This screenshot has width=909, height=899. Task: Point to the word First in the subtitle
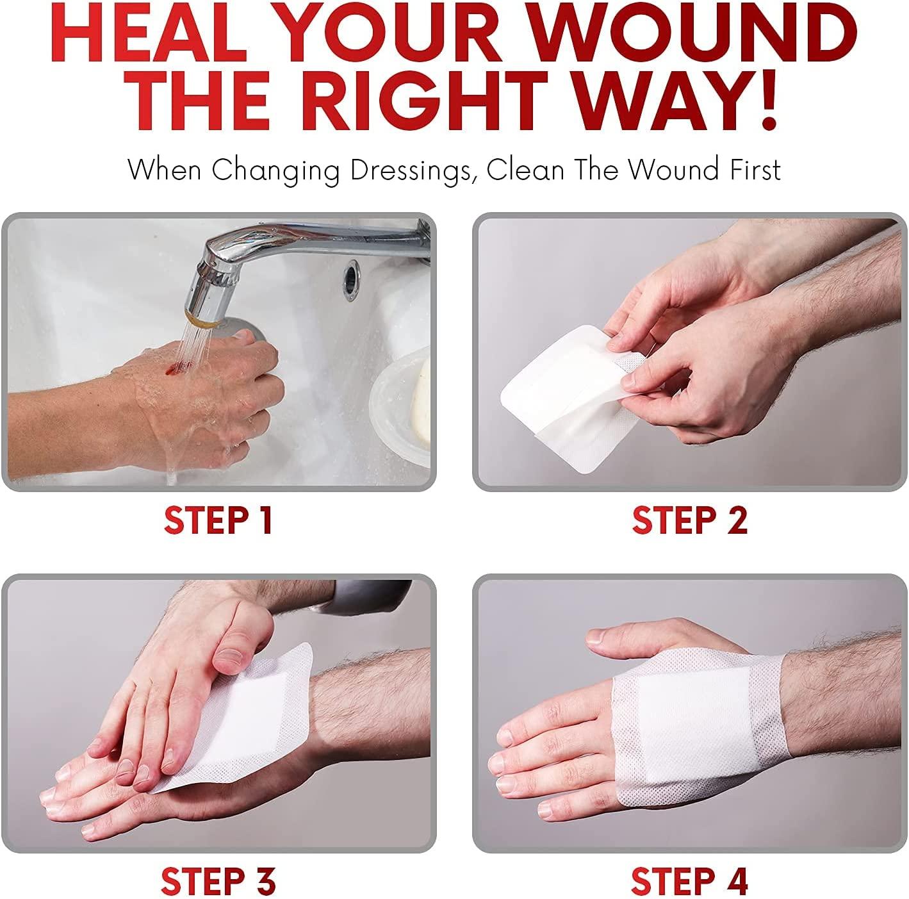749,170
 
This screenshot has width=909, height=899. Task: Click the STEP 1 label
218,520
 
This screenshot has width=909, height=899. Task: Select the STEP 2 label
689,520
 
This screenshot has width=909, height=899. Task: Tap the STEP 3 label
218,882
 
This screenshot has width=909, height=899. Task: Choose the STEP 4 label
689,882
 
